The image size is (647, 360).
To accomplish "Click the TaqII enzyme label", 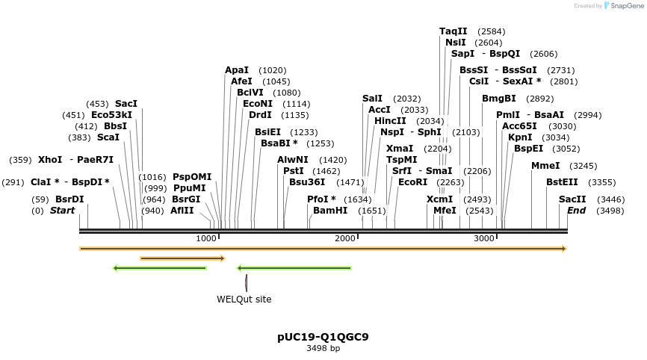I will (453, 31).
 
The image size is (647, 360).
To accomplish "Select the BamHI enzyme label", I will (330, 211).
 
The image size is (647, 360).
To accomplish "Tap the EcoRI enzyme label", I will (413, 181).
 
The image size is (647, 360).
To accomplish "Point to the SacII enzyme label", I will (572, 199).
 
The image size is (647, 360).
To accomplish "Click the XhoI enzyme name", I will (50, 160).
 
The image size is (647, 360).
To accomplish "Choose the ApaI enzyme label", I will (237, 70).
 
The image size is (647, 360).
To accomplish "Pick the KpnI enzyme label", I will (520, 137).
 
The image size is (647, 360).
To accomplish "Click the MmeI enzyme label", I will (544, 166).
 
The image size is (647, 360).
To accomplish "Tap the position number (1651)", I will (372, 211).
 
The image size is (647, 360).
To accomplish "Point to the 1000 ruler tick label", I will (206, 238).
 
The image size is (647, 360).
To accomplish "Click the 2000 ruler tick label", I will (345, 238).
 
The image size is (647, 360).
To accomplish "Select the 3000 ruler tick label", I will (484, 238).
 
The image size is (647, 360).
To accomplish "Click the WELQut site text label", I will (244, 300).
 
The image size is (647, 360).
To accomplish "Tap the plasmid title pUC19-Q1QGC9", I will (323, 337).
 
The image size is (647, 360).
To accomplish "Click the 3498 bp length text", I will (323, 348).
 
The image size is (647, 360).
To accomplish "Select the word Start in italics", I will (63, 211).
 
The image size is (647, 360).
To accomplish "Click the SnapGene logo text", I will (627, 6).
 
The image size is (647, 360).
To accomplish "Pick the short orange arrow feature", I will (182, 258).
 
